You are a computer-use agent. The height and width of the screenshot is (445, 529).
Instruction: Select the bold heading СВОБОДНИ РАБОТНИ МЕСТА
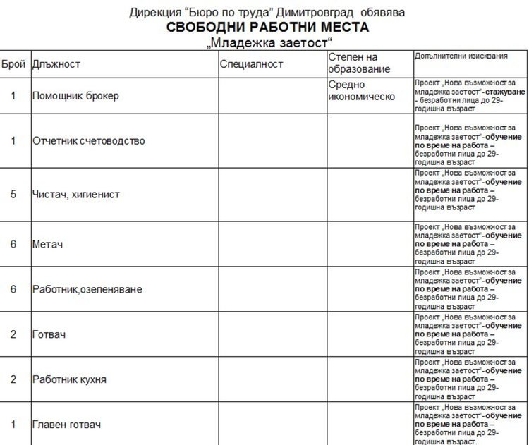point(267,28)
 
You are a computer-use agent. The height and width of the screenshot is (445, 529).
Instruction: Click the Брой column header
point(13,64)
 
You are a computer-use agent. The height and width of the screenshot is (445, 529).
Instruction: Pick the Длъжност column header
point(56,64)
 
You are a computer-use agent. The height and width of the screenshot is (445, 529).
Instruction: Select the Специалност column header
point(251,64)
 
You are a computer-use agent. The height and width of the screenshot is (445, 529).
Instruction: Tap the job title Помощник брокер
point(75,95)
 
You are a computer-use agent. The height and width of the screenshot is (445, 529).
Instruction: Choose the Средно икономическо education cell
point(362,90)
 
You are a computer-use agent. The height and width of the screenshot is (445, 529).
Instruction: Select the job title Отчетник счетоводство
point(89,140)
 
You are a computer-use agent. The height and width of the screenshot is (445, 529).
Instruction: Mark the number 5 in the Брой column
point(13,194)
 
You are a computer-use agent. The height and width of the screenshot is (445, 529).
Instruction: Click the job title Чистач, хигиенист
point(76,194)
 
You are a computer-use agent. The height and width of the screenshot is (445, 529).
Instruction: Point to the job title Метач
point(48,244)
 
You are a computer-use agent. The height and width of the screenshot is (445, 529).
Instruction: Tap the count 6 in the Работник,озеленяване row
point(13,289)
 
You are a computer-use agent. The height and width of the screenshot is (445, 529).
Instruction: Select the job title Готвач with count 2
point(49,334)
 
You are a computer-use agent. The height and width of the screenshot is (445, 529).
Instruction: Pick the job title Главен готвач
point(66,425)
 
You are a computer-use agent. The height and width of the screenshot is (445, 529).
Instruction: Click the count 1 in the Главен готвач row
point(13,425)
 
